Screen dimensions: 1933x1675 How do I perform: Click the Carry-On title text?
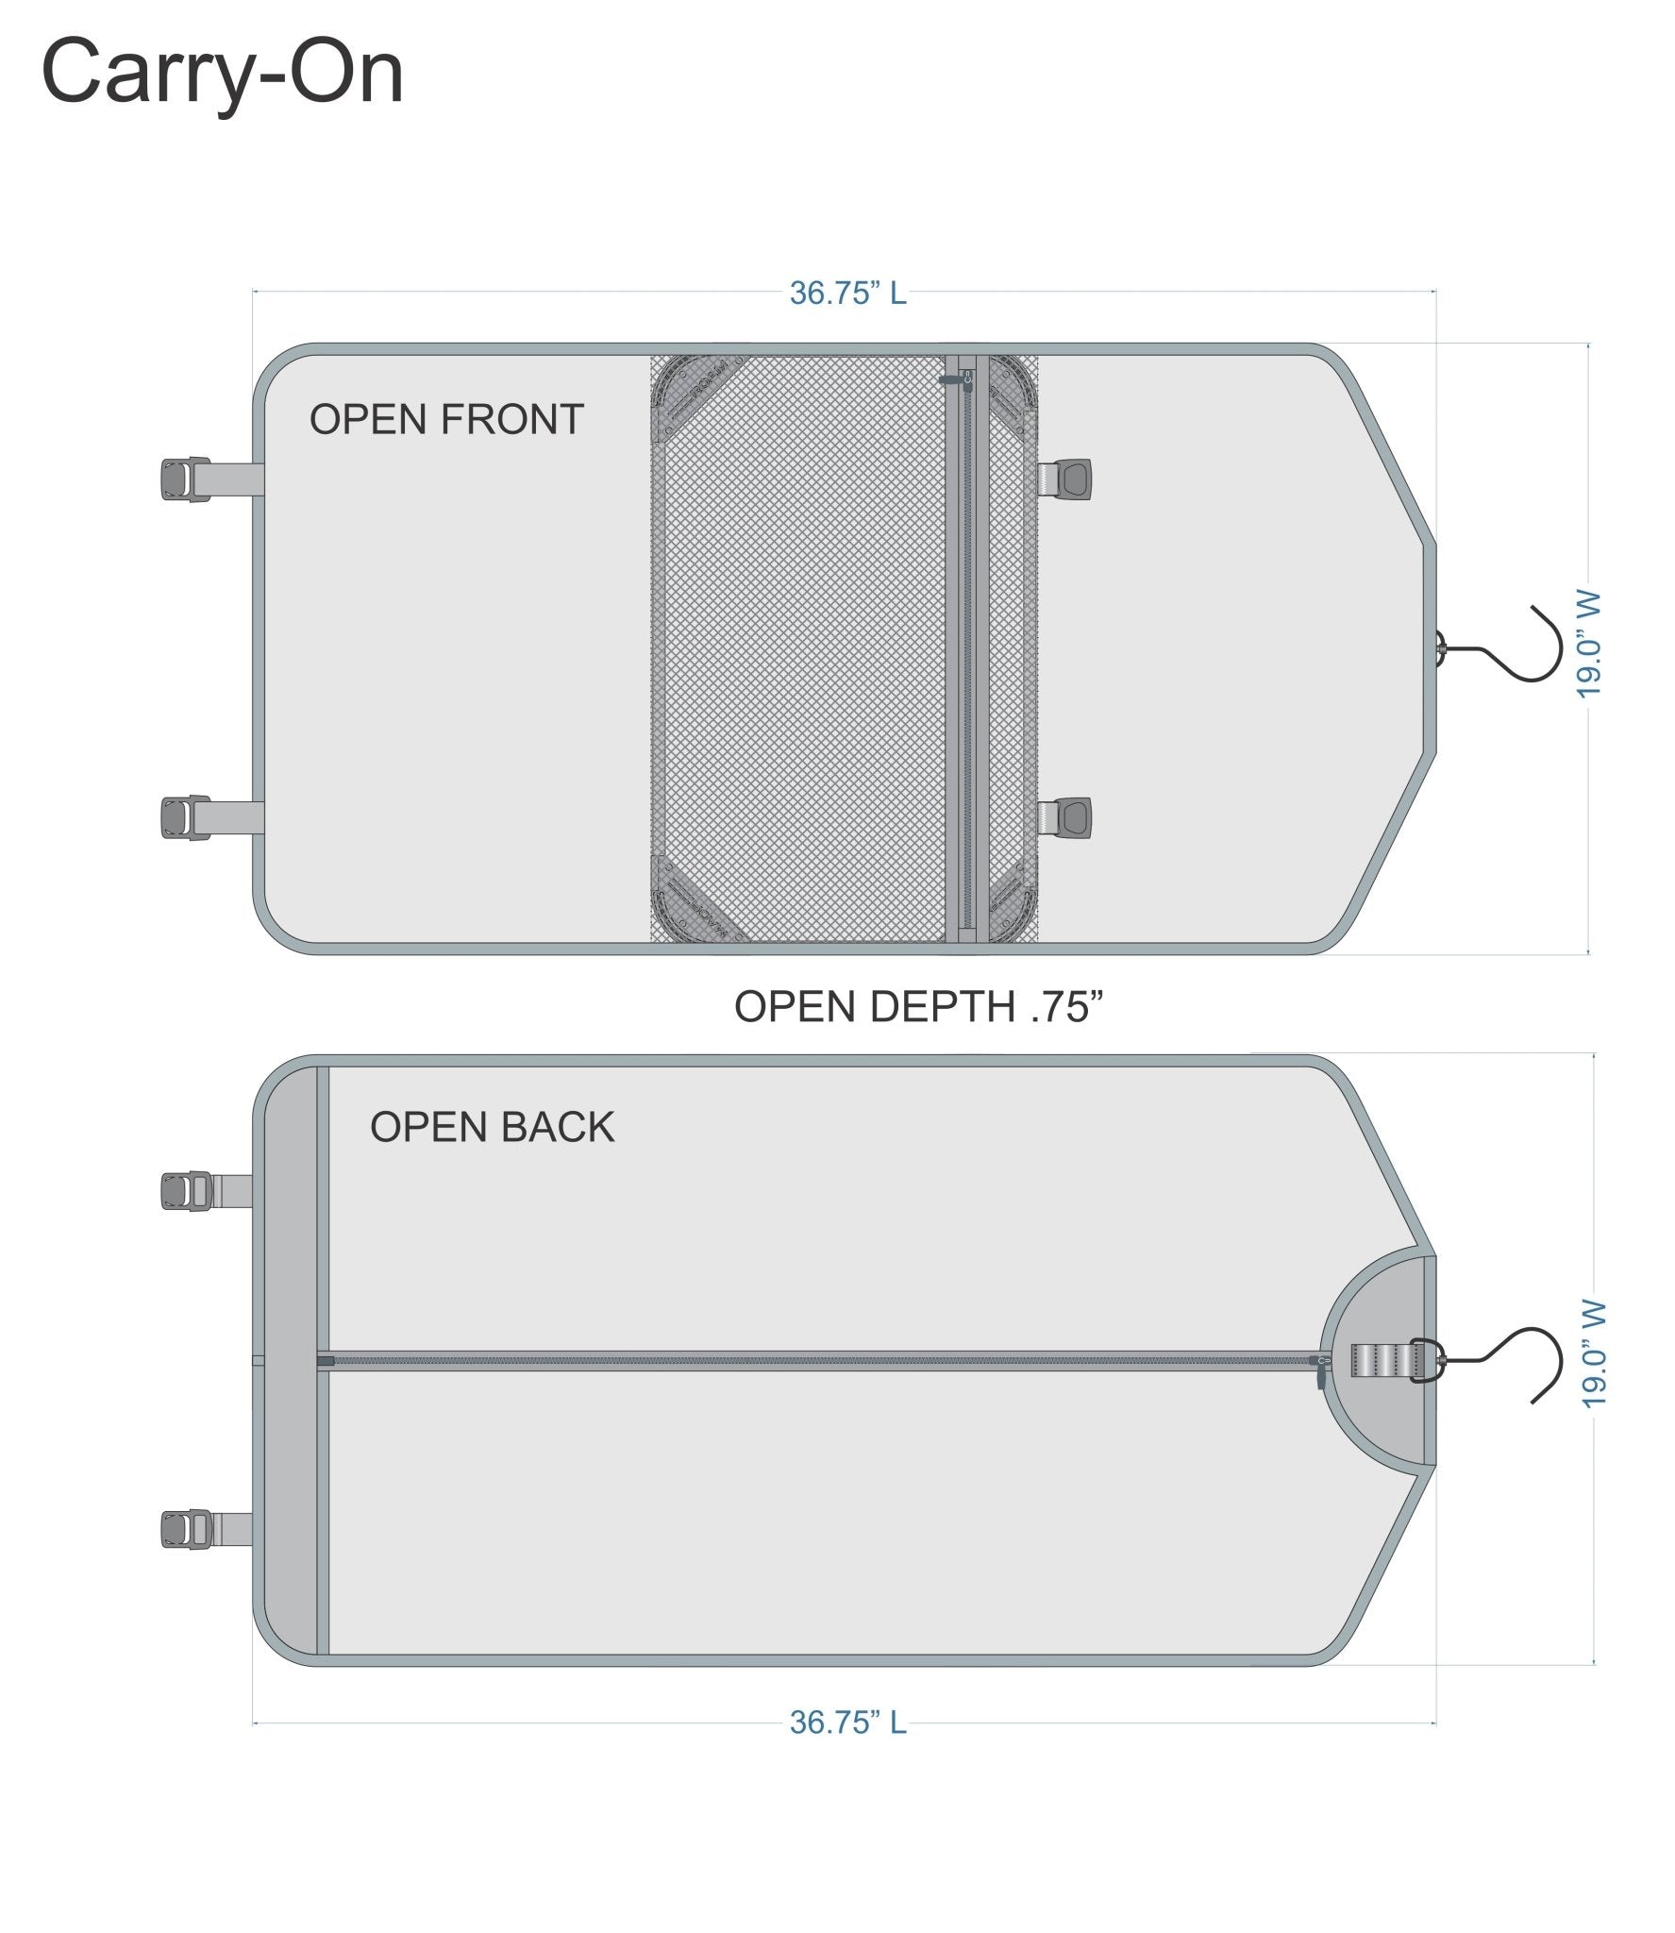click(223, 73)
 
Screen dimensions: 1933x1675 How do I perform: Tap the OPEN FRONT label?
click(446, 419)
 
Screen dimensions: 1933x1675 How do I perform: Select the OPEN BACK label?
click(492, 1127)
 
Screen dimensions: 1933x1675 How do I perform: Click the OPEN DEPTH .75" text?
click(918, 1006)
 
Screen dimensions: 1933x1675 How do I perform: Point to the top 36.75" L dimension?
click(847, 293)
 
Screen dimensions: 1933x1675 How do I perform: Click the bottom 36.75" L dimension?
click(847, 1723)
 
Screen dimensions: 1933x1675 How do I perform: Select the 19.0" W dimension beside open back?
click(1593, 1355)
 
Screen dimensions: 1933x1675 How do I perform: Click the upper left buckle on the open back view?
click(188, 1191)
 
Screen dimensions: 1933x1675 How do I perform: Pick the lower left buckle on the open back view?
click(188, 1529)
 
